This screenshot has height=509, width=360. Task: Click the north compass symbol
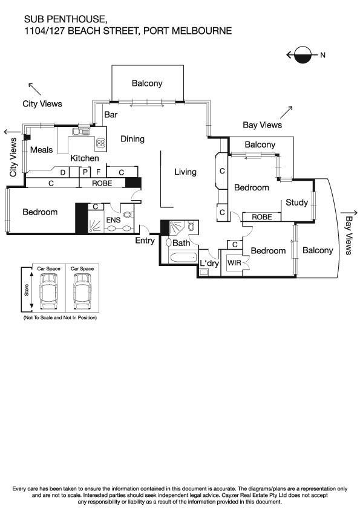(303, 56)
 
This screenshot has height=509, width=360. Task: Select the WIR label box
(233, 264)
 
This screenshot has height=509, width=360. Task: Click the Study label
(297, 203)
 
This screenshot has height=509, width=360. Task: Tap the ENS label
(113, 221)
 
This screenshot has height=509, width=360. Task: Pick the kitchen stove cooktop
(101, 143)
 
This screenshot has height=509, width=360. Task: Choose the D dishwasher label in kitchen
(62, 172)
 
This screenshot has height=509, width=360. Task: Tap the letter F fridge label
(98, 172)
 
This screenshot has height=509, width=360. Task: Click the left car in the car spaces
(48, 291)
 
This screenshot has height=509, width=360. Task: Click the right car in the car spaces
(82, 291)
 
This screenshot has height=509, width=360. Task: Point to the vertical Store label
(25, 291)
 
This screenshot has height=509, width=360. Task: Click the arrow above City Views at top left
(34, 89)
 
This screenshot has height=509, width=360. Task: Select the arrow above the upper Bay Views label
(286, 112)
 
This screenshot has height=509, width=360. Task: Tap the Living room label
(185, 172)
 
